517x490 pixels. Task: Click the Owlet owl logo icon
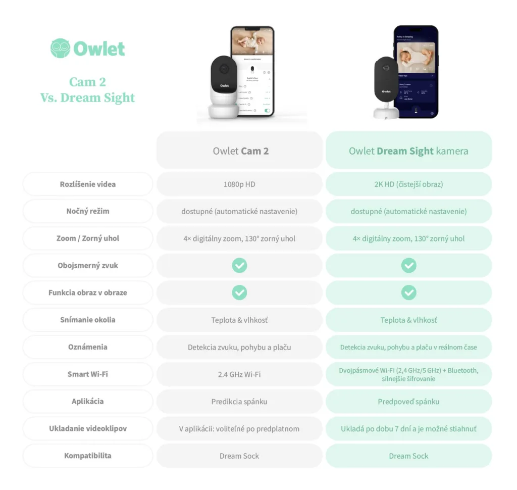pos(61,48)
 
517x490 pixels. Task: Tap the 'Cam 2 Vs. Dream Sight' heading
pos(88,89)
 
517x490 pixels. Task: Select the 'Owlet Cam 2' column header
pos(240,151)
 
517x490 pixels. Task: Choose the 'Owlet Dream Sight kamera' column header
pos(408,151)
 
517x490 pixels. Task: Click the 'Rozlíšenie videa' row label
pos(88,184)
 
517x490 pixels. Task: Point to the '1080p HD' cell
pos(239,184)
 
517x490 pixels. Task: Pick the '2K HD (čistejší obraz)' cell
pos(408,184)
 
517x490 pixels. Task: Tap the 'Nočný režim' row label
pos(88,211)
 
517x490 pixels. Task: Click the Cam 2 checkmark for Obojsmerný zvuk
pos(239,265)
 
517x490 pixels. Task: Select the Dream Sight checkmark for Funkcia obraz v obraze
pos(408,292)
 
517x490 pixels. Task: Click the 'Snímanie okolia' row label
pos(88,320)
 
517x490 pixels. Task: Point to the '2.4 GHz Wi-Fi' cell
pos(239,374)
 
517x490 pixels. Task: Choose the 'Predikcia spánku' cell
pos(239,402)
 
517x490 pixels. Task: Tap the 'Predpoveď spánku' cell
pos(408,402)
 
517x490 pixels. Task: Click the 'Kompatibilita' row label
pos(88,456)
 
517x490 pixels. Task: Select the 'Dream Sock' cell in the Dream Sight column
pos(408,456)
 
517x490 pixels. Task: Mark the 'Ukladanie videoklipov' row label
pos(88,428)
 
